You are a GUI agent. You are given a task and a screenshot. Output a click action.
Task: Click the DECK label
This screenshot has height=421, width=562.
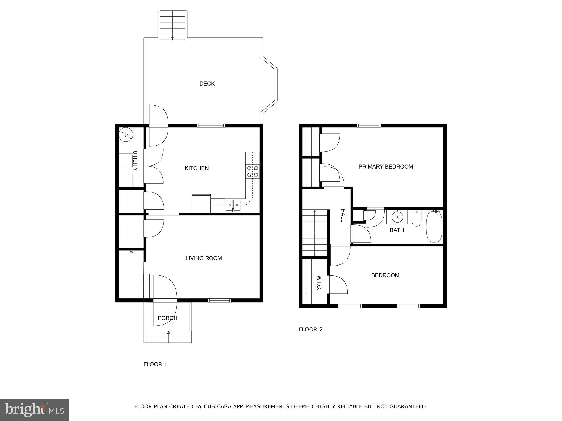(207, 84)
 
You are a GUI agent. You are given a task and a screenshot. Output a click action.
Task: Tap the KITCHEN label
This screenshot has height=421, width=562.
(196, 168)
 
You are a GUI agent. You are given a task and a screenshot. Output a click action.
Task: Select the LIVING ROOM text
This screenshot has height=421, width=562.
(204, 258)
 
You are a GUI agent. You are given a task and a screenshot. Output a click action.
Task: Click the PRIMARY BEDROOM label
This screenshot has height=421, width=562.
(386, 167)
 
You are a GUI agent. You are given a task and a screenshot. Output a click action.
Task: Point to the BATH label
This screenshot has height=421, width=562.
(397, 230)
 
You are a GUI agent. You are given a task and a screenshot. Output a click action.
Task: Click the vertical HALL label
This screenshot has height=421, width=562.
(343, 215)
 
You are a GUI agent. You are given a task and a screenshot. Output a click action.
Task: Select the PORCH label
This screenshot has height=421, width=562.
(167, 318)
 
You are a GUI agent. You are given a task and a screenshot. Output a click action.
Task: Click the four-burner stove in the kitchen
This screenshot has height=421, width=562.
(252, 171)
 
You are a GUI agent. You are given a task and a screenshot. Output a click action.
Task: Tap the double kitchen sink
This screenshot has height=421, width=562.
(233, 205)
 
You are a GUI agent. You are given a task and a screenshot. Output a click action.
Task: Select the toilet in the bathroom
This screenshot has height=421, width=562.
(416, 218)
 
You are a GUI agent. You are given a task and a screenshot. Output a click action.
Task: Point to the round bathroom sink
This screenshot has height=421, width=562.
(397, 217)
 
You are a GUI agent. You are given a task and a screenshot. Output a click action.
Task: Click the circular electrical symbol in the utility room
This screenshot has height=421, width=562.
(126, 135)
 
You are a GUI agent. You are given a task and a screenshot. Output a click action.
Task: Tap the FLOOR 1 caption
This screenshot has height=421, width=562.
(155, 364)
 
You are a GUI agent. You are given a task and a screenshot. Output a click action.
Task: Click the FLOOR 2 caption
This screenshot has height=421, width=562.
(310, 329)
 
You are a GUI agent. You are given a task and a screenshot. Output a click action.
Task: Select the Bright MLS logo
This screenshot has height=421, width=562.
(34, 409)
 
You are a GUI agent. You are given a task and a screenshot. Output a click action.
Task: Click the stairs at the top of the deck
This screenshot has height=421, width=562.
(172, 25)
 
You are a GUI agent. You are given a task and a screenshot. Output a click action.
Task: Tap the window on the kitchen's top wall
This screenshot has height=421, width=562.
(211, 126)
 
